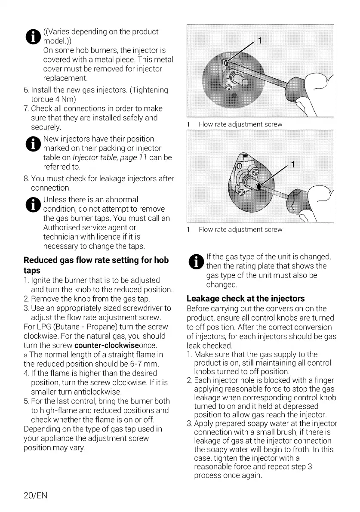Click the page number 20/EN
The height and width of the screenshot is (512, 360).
click(35, 496)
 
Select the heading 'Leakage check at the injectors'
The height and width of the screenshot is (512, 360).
click(246, 298)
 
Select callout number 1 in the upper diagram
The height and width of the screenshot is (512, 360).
click(259, 41)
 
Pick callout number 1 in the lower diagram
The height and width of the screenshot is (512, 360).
click(292, 165)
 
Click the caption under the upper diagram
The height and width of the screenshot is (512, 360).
click(240, 124)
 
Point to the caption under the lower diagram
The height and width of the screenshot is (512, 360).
click(240, 230)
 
